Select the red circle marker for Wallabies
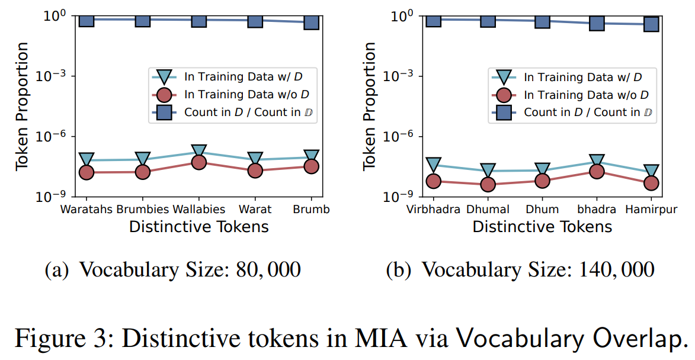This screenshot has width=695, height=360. click(x=198, y=162)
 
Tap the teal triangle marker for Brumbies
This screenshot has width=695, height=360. click(x=142, y=159)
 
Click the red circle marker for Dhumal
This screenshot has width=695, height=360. click(x=488, y=184)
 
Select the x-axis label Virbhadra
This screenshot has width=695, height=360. click(x=433, y=209)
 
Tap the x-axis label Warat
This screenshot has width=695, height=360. click(x=255, y=209)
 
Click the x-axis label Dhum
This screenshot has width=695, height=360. click(x=542, y=209)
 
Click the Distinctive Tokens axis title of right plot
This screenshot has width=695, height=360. click(x=542, y=226)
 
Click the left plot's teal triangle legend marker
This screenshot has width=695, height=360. click(x=164, y=76)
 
